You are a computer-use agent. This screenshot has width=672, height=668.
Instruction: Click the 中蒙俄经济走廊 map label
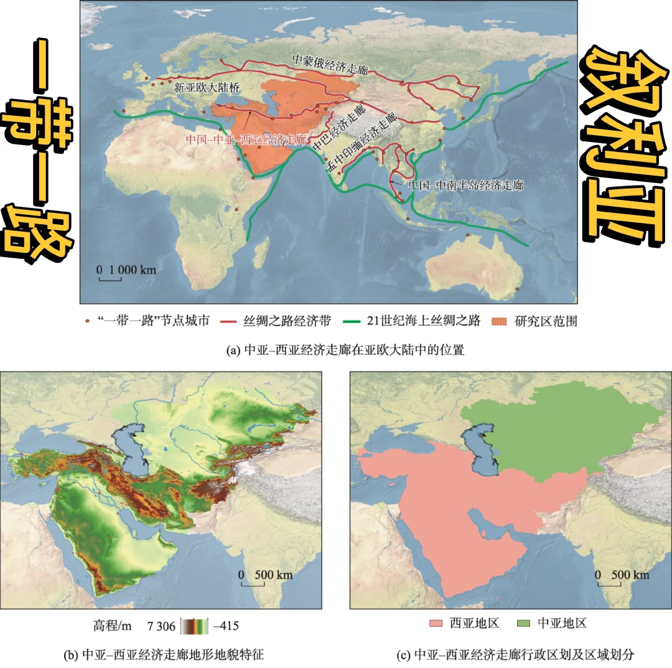tap(330, 60)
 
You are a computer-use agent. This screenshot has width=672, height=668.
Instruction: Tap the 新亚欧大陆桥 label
tap(207, 88)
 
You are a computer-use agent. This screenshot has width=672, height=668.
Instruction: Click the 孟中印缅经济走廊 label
tap(360, 144)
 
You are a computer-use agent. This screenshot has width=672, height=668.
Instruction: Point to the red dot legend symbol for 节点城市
tap(88, 322)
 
